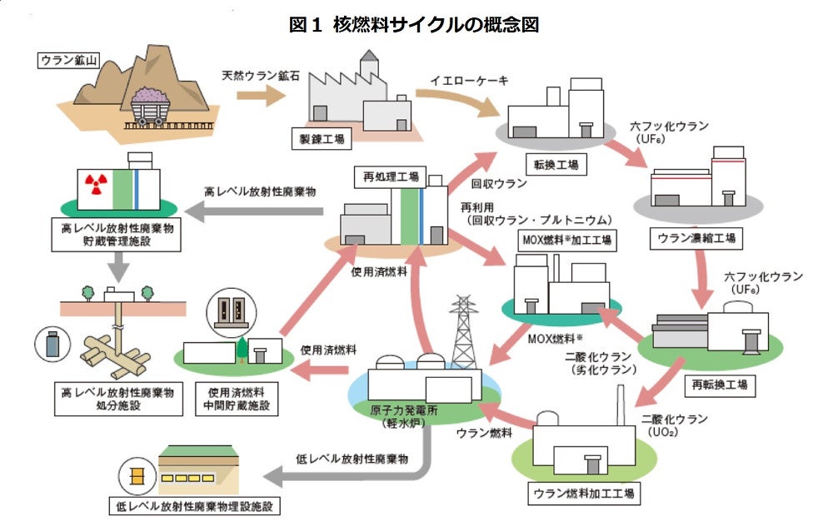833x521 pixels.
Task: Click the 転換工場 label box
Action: point(551,164)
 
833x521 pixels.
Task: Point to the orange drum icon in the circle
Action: point(134,477)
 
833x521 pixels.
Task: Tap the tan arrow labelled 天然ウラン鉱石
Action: point(259,94)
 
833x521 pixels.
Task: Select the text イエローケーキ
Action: point(469,81)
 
